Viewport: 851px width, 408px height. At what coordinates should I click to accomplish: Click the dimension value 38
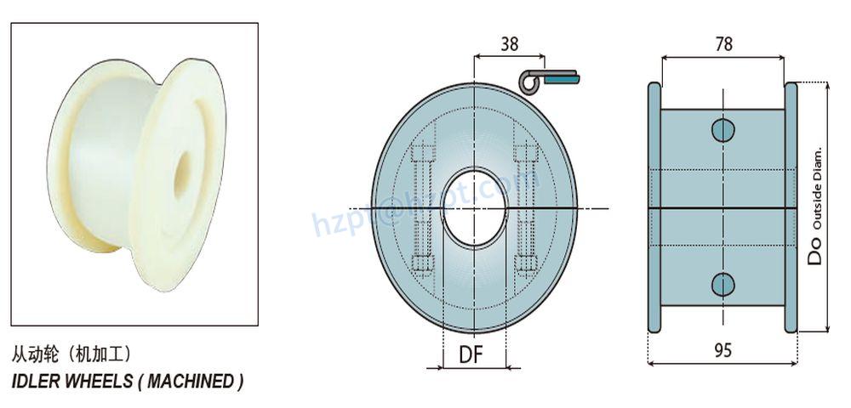(x=510, y=45)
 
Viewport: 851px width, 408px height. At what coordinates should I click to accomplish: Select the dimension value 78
(x=723, y=45)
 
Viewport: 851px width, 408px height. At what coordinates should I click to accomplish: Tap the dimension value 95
(x=722, y=349)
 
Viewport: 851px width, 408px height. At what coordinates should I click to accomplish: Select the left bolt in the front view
(x=423, y=208)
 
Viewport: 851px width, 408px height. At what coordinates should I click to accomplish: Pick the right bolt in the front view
(x=525, y=208)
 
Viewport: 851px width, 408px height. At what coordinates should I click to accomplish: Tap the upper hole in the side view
(x=722, y=130)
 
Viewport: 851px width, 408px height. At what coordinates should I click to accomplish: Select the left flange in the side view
(x=654, y=207)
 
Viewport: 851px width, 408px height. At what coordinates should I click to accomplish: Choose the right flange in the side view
(x=791, y=207)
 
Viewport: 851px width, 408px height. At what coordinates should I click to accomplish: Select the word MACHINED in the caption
(x=191, y=381)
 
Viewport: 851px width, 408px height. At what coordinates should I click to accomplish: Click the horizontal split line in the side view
(x=722, y=207)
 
